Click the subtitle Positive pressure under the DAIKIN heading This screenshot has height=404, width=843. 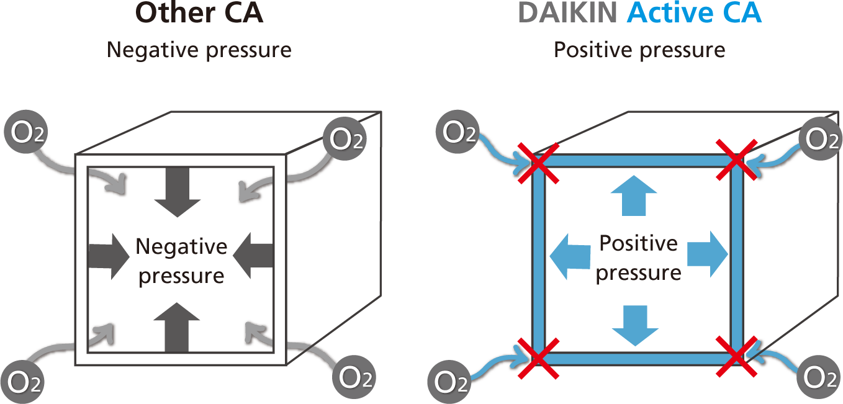(x=639, y=49)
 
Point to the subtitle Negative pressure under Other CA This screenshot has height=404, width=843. (x=199, y=49)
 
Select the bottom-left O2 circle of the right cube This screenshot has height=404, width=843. (x=452, y=380)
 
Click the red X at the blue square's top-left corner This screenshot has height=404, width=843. (x=538, y=163)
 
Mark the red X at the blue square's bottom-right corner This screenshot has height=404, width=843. (x=736, y=357)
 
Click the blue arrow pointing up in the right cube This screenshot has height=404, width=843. (x=633, y=194)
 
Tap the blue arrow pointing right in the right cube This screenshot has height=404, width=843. (x=707, y=254)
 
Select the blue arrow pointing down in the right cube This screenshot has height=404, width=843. (x=635, y=325)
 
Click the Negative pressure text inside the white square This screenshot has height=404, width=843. (x=181, y=261)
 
